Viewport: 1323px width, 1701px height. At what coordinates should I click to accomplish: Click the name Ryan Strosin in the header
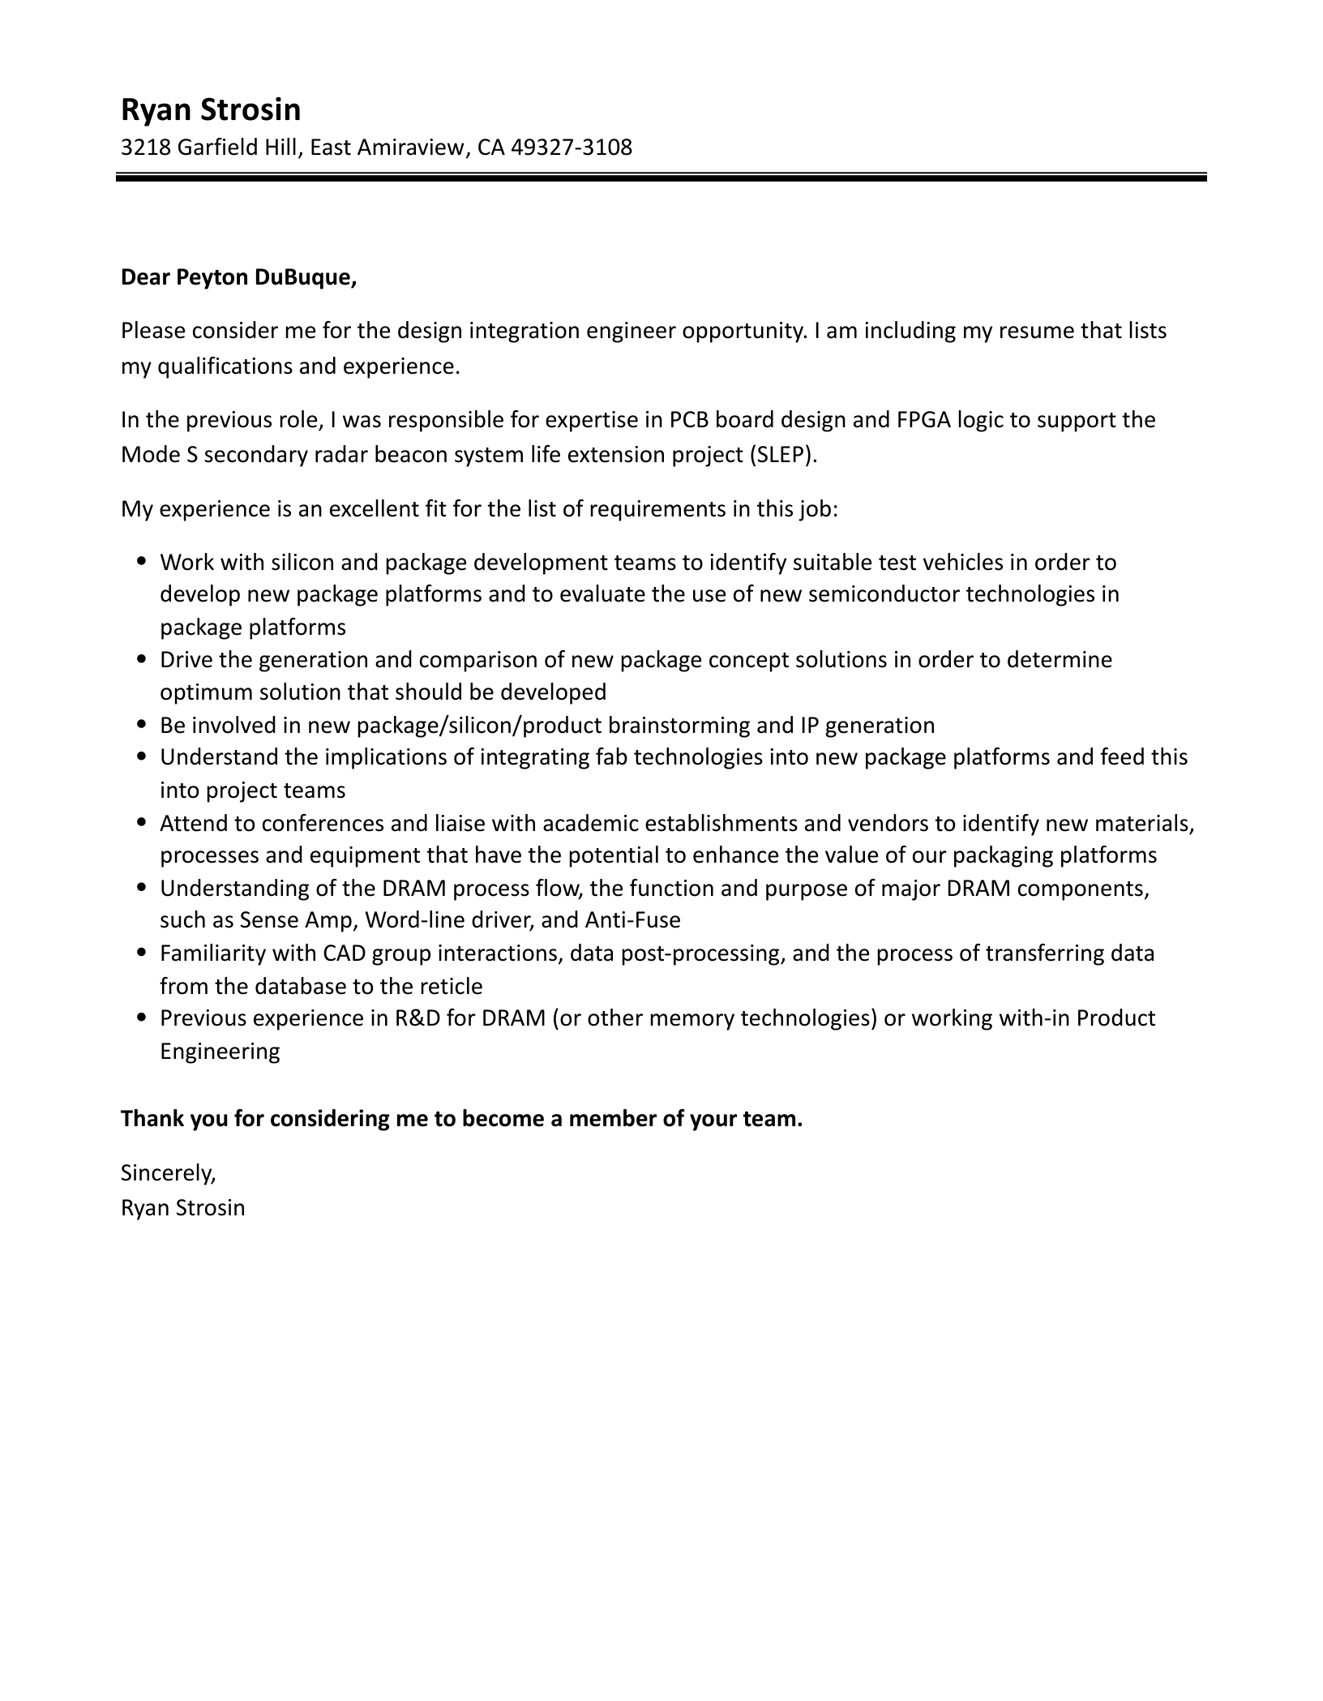211,109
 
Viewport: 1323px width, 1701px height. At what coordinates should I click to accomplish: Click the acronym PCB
689,420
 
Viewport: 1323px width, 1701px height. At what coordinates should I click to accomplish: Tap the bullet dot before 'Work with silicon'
143,561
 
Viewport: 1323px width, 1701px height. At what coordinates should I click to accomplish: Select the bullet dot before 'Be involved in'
143,724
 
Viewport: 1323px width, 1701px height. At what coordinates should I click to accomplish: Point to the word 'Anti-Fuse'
632,920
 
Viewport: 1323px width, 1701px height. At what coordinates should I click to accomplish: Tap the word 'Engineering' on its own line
220,1052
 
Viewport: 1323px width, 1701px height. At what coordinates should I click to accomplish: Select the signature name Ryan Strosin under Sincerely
182,1208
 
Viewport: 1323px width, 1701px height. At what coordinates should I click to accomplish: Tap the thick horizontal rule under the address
661,177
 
